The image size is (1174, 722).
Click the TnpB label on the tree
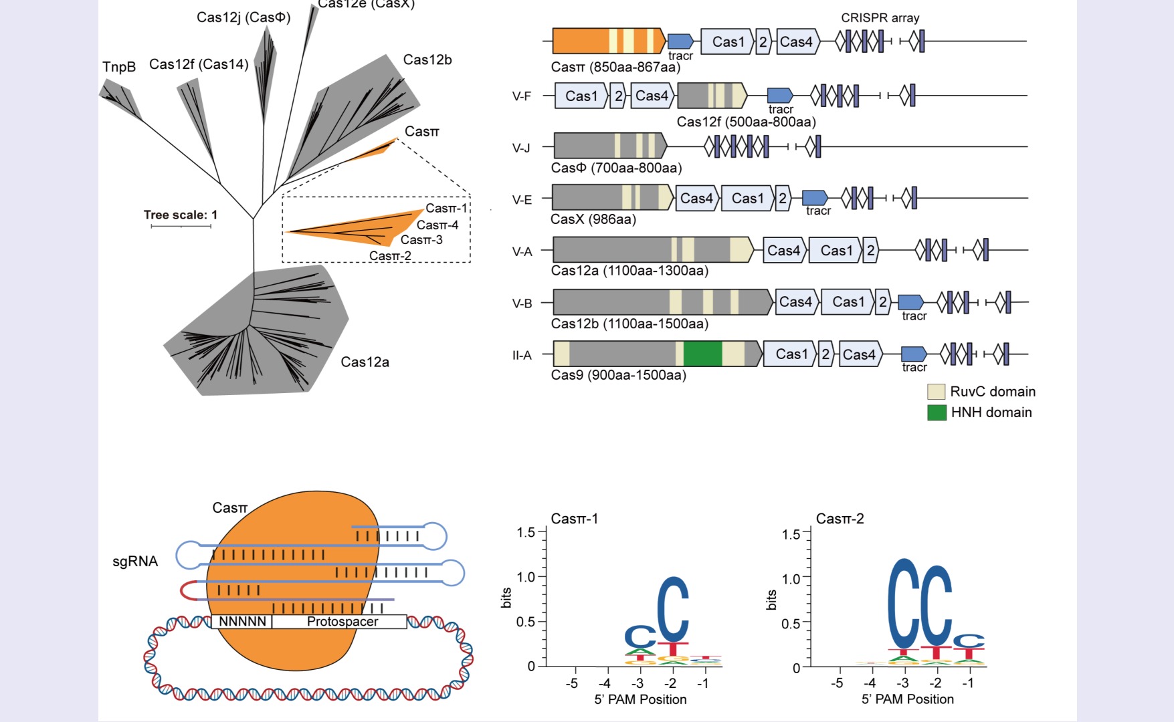(119, 67)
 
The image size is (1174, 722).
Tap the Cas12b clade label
(427, 60)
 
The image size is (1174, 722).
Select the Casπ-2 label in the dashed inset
(390, 256)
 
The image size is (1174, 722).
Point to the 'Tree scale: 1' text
(181, 215)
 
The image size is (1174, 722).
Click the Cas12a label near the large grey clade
(365, 362)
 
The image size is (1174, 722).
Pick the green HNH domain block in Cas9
(702, 354)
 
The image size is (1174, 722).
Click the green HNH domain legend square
(937, 412)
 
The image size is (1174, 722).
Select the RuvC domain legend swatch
(936, 392)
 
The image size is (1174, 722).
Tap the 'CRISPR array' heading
(880, 18)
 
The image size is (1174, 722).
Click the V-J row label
(521, 148)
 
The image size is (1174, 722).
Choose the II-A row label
(522, 355)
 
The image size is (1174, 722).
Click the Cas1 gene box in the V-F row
(581, 96)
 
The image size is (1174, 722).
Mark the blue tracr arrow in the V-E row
(815, 198)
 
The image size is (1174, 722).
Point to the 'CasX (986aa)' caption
(593, 219)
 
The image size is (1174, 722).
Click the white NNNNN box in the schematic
(242, 622)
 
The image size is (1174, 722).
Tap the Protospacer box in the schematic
(342, 622)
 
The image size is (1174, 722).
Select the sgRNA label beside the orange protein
(135, 562)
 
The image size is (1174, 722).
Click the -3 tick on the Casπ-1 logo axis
(638, 683)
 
